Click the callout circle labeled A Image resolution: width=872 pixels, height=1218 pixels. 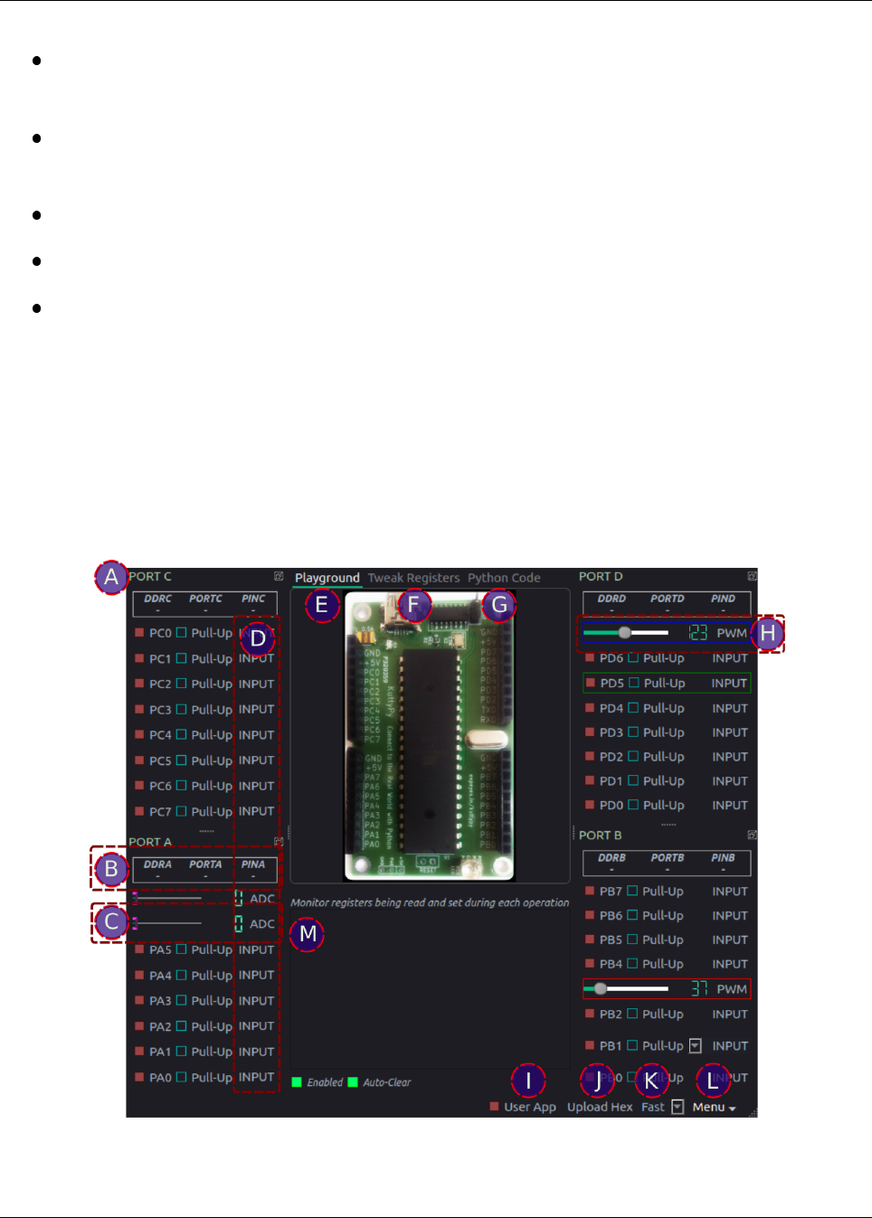[111, 577]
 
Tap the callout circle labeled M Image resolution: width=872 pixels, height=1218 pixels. [308, 933]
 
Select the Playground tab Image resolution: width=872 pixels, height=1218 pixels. [327, 578]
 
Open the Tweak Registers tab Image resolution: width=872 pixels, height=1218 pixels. [413, 578]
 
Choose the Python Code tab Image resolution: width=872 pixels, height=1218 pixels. [504, 578]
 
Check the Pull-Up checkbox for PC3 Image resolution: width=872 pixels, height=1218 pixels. [181, 710]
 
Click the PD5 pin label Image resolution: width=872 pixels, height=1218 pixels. [611, 684]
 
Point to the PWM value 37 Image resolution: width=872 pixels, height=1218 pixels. [699, 989]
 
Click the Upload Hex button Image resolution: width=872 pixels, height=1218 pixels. [600, 1107]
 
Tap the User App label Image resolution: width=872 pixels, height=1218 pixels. [530, 1107]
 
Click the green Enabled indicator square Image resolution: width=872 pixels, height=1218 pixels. [297, 1082]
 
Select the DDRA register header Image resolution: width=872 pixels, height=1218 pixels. [157, 865]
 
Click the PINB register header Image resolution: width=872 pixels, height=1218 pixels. [723, 858]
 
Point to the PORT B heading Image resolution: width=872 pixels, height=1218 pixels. [601, 836]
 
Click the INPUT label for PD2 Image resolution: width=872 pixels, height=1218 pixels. [729, 757]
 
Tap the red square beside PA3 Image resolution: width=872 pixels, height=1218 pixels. [139, 1001]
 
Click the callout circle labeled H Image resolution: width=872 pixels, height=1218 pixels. [767, 634]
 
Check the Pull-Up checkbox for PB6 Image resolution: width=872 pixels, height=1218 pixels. [632, 916]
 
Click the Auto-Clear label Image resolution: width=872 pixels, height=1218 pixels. [387, 1082]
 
